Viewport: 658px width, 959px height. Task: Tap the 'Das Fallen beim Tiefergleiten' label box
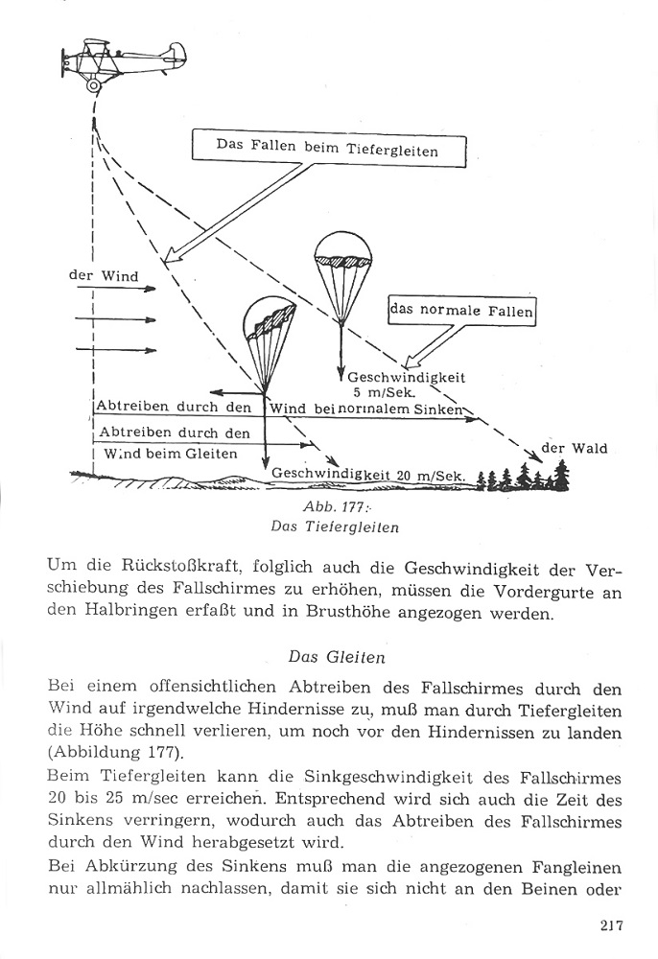(x=328, y=150)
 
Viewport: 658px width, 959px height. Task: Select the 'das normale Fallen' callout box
(x=461, y=311)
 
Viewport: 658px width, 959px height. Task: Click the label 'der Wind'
(x=104, y=276)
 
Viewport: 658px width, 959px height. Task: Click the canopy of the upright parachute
(x=341, y=250)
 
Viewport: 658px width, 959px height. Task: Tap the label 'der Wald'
(x=575, y=448)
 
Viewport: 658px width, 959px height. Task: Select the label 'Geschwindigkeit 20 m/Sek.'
(x=368, y=475)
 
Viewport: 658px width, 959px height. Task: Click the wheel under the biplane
(x=93, y=85)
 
